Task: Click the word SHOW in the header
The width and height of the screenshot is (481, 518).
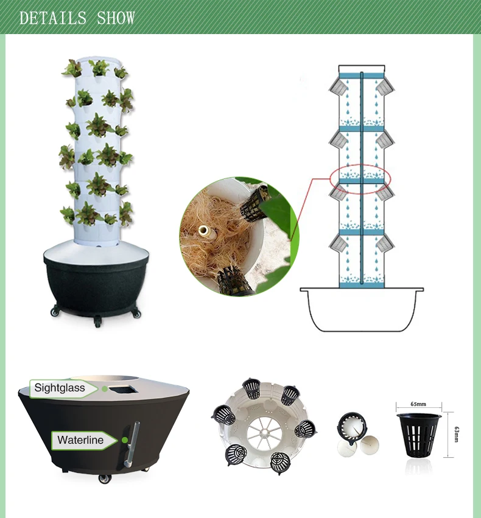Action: tap(116, 18)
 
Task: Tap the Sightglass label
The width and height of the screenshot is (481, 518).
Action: tap(60, 388)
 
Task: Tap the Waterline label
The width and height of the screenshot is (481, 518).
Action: tap(80, 440)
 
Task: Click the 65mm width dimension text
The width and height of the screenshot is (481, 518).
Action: tap(418, 404)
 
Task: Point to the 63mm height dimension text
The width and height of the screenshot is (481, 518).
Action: tap(456, 434)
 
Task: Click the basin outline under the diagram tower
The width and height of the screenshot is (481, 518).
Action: tap(362, 310)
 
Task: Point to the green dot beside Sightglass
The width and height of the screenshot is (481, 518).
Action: tap(105, 388)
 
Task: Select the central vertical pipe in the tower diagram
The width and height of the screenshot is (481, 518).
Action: tap(362, 177)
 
